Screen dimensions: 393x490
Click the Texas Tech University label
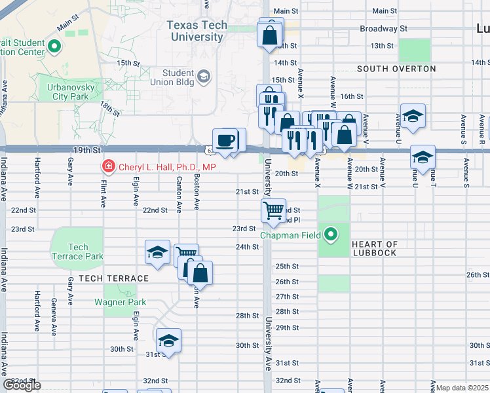197,31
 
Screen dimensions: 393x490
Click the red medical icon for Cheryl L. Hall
106,167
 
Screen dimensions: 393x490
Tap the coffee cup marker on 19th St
226,141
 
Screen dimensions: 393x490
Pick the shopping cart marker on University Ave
273,211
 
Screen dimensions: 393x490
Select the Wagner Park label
119,302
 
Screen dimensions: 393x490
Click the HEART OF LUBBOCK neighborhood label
383,248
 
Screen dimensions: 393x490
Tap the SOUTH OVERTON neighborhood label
396,69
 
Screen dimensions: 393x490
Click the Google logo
22,385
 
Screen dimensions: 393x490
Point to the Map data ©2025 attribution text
462,388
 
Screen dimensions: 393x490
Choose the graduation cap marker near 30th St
168,341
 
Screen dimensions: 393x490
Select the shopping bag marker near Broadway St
270,35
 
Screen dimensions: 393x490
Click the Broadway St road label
384,29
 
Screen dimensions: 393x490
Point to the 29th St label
287,327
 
